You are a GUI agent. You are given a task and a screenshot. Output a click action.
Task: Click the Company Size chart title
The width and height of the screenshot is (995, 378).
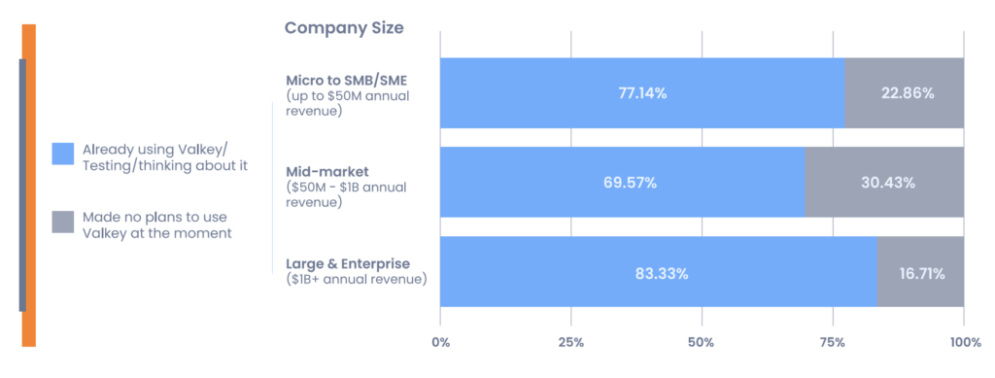pyautogui.click(x=343, y=27)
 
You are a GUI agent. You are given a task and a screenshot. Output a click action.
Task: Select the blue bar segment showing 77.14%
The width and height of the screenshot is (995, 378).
pyautogui.click(x=642, y=93)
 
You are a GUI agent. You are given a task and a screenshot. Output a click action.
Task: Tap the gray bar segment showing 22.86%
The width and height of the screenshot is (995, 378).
pyautogui.click(x=904, y=93)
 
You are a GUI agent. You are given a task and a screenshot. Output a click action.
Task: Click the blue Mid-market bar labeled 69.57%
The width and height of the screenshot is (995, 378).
pyautogui.click(x=622, y=183)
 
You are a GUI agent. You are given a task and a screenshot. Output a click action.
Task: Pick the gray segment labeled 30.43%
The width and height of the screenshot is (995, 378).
pyautogui.click(x=884, y=183)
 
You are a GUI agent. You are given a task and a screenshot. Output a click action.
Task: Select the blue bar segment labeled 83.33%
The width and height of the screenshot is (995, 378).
pyautogui.click(x=659, y=273)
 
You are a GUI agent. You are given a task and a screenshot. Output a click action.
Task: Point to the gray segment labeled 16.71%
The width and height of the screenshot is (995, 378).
pyautogui.click(x=920, y=273)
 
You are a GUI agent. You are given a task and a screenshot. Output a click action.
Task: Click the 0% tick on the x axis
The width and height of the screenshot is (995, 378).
pyautogui.click(x=440, y=342)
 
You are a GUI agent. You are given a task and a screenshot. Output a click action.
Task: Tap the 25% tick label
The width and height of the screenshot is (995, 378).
pyautogui.click(x=570, y=342)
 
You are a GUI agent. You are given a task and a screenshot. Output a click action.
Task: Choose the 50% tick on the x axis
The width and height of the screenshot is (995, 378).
pyautogui.click(x=701, y=342)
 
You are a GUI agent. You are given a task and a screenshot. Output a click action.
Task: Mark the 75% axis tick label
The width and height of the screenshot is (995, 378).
pyautogui.click(x=832, y=342)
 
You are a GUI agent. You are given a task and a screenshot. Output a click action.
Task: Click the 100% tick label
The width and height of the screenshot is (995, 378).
pyautogui.click(x=963, y=342)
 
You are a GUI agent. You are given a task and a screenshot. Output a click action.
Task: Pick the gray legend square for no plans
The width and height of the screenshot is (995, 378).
pyautogui.click(x=63, y=223)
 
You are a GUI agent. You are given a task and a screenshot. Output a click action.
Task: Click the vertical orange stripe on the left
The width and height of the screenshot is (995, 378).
pyautogui.click(x=29, y=185)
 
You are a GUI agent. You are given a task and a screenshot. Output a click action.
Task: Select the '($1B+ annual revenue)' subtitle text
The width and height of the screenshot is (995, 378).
pyautogui.click(x=356, y=280)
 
